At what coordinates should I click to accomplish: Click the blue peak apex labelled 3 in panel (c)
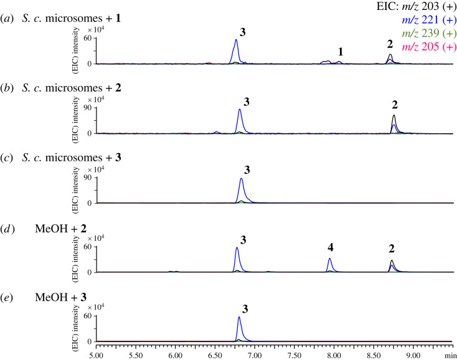click(242, 179)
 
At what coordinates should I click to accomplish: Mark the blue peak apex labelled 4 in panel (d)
click(329, 258)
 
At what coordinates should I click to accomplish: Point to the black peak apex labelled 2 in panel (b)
click(394, 116)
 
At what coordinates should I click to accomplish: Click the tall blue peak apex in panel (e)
click(239, 317)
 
